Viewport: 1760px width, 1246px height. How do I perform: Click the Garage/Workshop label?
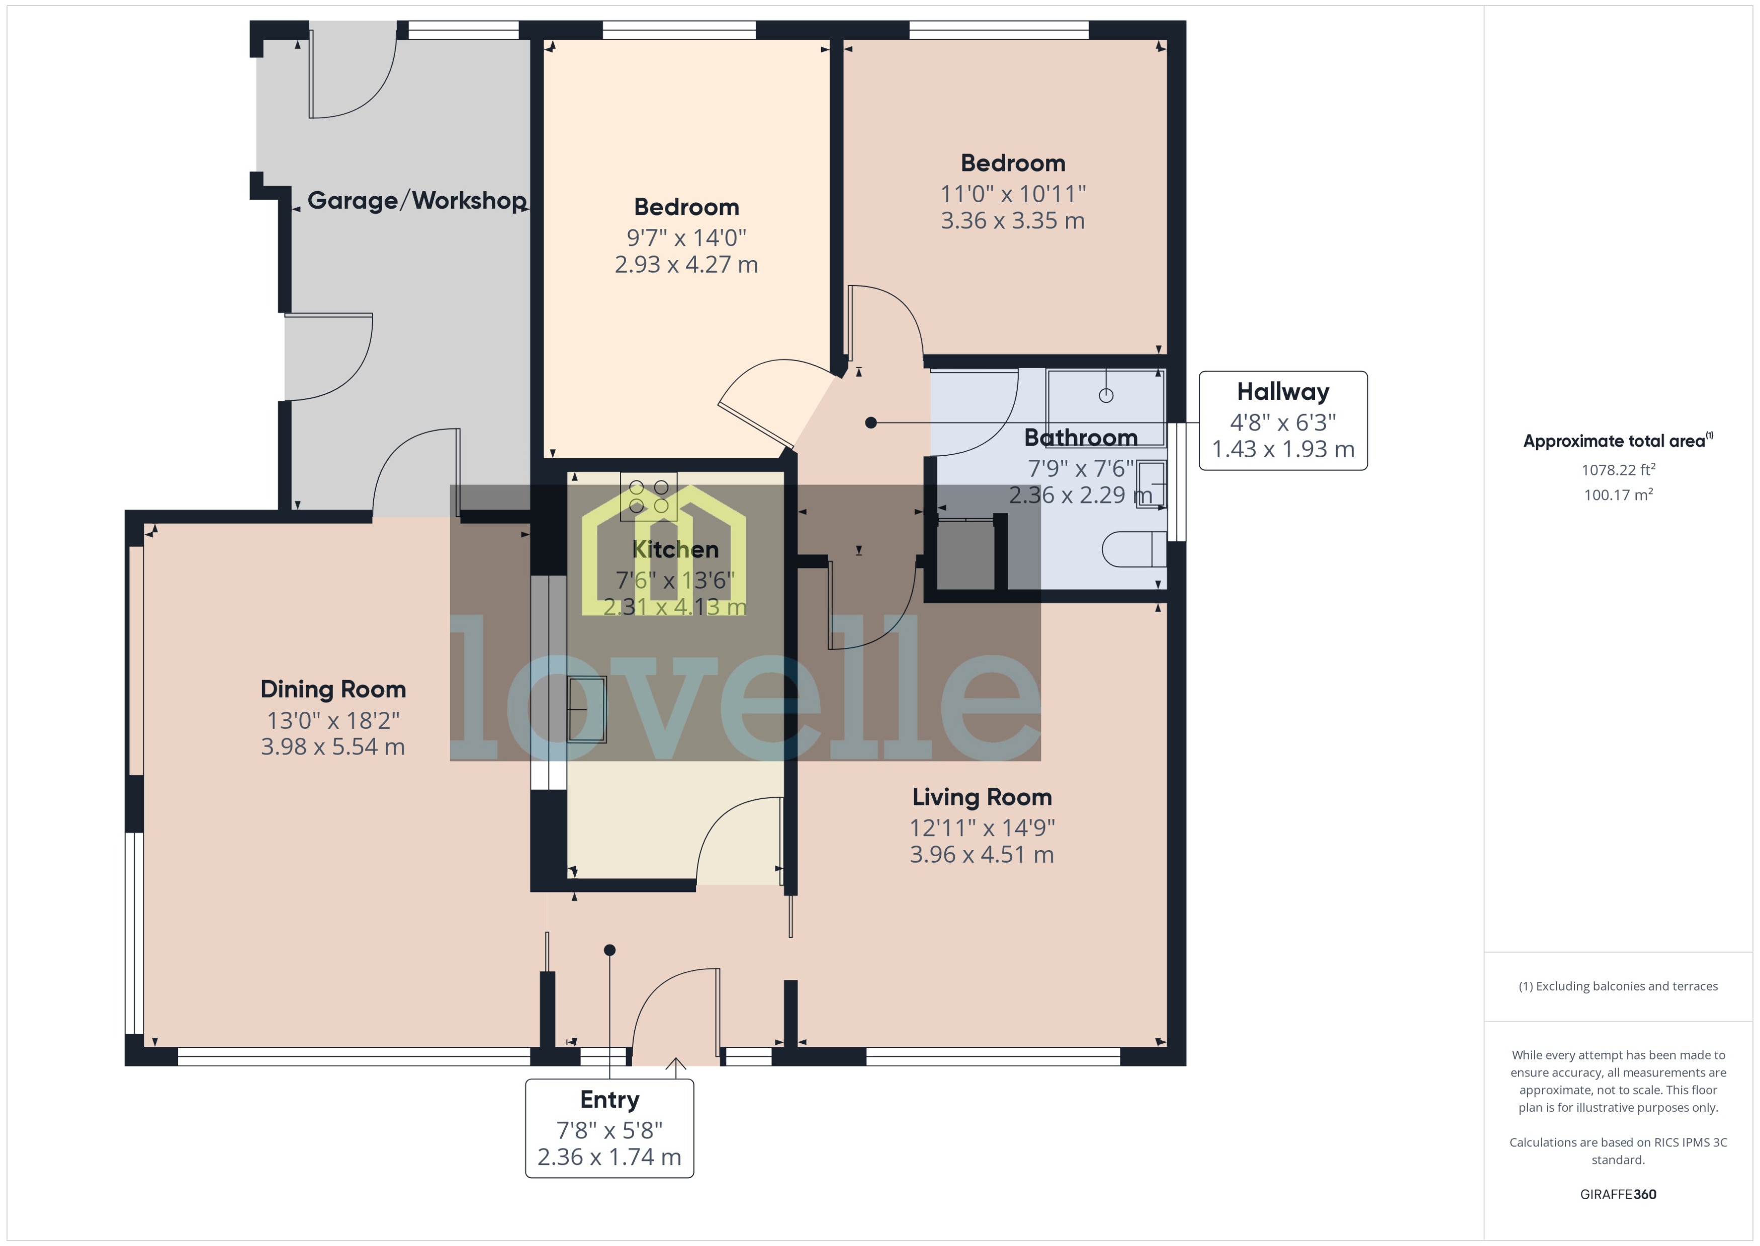pyautogui.click(x=416, y=201)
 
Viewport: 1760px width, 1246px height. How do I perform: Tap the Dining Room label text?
pyautogui.click(x=333, y=689)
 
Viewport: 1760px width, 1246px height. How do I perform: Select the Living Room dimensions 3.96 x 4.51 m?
pyautogui.click(x=982, y=854)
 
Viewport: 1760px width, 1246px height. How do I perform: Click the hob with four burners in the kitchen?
pyautogui.click(x=649, y=496)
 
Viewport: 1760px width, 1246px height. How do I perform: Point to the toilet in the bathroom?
pyautogui.click(x=1133, y=549)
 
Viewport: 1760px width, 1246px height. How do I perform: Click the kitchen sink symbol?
pyautogui.click(x=587, y=709)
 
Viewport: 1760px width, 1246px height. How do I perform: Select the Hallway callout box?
pyautogui.click(x=1283, y=421)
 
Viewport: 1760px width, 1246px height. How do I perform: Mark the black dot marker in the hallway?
pyautogui.click(x=870, y=423)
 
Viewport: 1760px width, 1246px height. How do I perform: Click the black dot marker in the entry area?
pyautogui.click(x=609, y=950)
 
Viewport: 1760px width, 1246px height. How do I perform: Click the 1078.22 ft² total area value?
pyautogui.click(x=1618, y=469)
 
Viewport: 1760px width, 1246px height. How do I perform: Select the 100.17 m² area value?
pyautogui.click(x=1618, y=495)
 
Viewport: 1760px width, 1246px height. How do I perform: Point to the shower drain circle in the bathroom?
pyautogui.click(x=1106, y=395)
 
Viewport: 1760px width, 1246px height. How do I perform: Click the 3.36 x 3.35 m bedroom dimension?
pyautogui.click(x=1012, y=221)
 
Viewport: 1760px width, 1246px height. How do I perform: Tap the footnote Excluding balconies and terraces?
pyautogui.click(x=1618, y=986)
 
